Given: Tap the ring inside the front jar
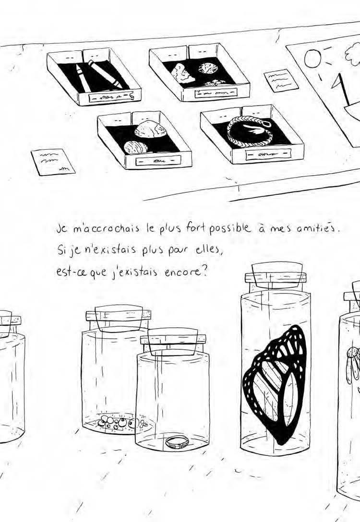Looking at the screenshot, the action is click(x=177, y=442).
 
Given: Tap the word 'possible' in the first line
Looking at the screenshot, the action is click(x=229, y=229).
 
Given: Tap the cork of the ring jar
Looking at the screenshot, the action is click(x=173, y=341).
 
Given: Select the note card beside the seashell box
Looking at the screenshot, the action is click(x=53, y=162).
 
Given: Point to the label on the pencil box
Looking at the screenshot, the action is click(x=111, y=97).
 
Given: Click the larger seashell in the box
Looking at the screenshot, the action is click(x=149, y=130).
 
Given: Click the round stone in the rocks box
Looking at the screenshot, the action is click(x=208, y=68).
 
